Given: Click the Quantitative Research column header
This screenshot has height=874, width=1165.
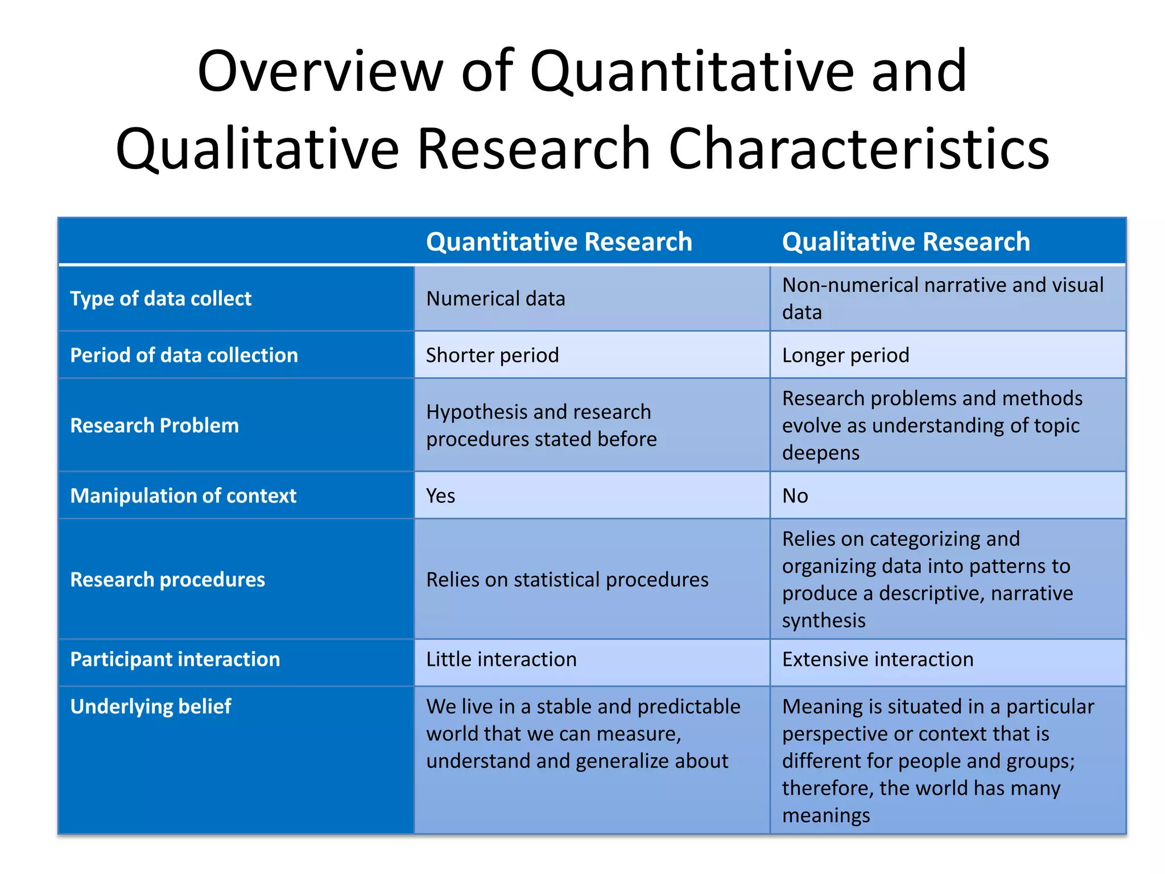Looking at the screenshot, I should [559, 242].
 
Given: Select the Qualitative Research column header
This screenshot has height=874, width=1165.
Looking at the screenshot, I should [906, 242].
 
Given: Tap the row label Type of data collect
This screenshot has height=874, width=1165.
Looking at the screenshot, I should [160, 299].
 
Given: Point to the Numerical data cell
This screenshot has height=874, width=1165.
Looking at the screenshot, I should [495, 299].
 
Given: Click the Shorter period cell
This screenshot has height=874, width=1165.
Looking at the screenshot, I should [492, 355].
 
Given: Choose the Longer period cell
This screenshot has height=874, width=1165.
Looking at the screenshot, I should [845, 355].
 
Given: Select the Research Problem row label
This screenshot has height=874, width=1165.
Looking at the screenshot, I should [154, 426].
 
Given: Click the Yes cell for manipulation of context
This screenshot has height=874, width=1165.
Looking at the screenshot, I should [440, 496].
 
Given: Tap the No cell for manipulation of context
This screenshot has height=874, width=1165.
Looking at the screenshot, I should [795, 496].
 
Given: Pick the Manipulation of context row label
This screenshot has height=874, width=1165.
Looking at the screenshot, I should [183, 496].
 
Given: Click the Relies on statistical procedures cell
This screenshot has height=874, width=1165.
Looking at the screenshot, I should [567, 579].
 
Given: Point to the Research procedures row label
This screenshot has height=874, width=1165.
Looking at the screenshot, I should [167, 579].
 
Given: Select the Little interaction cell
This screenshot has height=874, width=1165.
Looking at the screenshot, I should [501, 659].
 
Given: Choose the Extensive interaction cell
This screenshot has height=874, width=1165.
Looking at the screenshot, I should [877, 659].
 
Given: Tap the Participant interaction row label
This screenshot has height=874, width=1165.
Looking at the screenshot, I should [175, 659].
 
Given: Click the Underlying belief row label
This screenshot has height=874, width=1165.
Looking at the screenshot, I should [151, 706].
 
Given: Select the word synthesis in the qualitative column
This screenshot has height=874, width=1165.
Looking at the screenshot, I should [823, 620].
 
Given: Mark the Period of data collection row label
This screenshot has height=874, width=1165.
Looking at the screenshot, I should [184, 355].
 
